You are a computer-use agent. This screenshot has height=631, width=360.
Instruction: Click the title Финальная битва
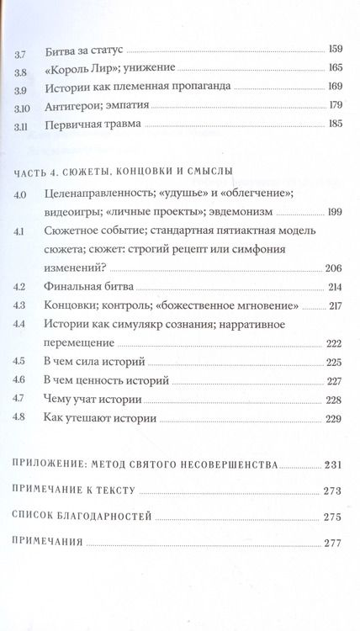[88, 287]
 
